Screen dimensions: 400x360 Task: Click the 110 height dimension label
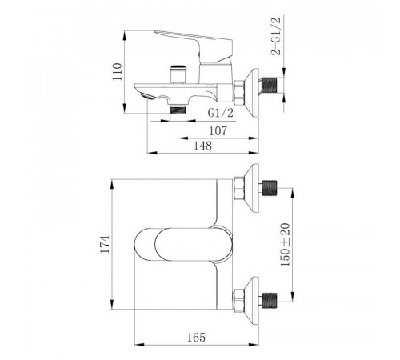click(x=118, y=71)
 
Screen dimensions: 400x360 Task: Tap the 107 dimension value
click(x=218, y=131)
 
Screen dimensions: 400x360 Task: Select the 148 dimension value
click(x=202, y=146)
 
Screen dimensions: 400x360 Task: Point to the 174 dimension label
click(x=105, y=244)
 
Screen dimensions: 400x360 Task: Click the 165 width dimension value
click(x=196, y=338)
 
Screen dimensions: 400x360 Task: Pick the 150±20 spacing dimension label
click(x=285, y=245)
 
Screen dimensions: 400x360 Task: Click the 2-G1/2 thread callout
click(x=276, y=36)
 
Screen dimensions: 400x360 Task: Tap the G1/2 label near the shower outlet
click(x=221, y=113)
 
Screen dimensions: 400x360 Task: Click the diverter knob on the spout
click(x=178, y=74)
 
